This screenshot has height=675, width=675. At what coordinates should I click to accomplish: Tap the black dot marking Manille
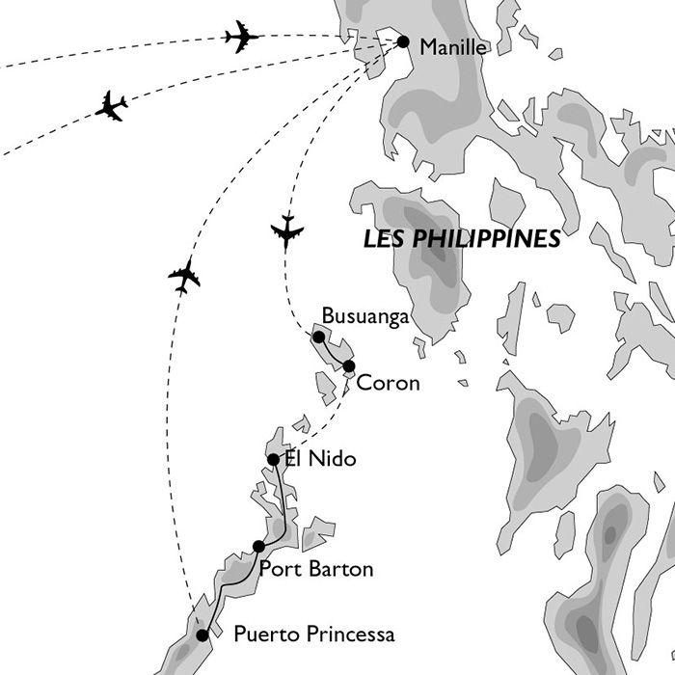tap(403, 41)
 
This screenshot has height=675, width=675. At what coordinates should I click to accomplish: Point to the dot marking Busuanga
tap(318, 337)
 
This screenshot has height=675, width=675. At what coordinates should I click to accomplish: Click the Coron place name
tap(388, 383)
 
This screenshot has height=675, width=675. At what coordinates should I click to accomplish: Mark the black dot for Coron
tap(348, 365)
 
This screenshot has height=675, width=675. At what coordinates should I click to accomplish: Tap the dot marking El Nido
tap(274, 459)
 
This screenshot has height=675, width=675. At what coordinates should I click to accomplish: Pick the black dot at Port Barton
tap(258, 547)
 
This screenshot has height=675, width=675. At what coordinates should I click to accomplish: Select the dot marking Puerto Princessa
tap(202, 635)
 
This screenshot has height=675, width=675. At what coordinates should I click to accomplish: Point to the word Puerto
tap(264, 636)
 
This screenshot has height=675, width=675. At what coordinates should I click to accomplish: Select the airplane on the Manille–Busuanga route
tap(287, 232)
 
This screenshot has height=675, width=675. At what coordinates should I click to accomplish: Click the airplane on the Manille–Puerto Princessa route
tap(183, 276)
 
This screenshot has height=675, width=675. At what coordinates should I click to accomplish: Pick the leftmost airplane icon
tap(111, 106)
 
